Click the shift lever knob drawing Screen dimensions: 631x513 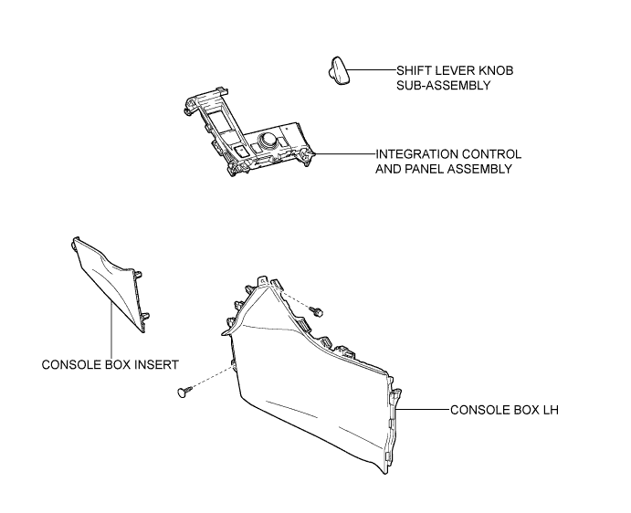click(338, 70)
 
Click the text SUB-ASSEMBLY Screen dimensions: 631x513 click(444, 86)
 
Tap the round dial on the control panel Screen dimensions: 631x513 click(268, 140)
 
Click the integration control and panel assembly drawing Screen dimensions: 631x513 click(247, 131)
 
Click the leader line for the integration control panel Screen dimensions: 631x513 click(345, 153)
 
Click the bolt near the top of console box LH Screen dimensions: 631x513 click(317, 311)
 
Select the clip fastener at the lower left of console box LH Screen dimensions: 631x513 click(184, 392)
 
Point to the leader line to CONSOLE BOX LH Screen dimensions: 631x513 click(423, 410)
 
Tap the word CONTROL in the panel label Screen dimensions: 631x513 click(491, 154)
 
